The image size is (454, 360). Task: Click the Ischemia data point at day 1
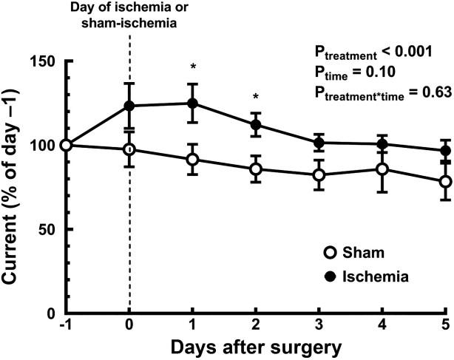pos(193,103)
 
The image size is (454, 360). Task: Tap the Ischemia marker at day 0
pos(129,106)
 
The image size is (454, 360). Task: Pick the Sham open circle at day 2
pos(256,169)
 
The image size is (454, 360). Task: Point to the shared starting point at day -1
pos(66,145)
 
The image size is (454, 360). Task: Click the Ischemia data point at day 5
pos(445,151)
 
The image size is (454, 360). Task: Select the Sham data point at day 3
pos(319,175)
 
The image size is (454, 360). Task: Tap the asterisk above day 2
pos(256,97)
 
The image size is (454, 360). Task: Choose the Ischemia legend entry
pos(360,276)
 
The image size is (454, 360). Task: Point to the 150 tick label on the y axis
pos(46,61)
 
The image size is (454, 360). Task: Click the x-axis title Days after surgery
pos(256,347)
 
